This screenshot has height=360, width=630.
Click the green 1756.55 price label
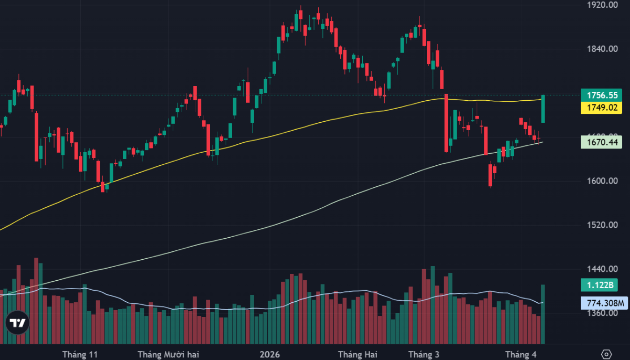[601, 96]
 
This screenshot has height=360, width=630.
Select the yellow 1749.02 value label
[601, 108]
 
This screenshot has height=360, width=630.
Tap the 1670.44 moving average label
[601, 142]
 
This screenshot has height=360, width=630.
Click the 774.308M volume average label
[601, 303]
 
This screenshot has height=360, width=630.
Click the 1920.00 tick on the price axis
[602, 5]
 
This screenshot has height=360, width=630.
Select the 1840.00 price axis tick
[602, 49]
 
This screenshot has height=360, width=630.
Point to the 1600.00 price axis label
[602, 181]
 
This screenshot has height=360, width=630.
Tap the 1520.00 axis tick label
[602, 225]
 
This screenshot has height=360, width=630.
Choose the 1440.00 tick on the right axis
[602, 269]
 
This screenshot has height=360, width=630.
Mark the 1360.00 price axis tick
[602, 313]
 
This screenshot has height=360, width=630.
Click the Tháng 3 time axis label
[423, 354]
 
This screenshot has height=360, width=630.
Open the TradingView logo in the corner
[17, 324]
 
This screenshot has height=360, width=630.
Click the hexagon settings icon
[607, 354]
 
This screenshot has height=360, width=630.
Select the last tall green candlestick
[543, 109]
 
